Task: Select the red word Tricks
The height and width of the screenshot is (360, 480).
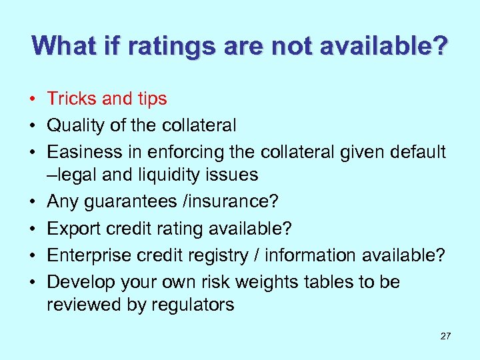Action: (x=73, y=99)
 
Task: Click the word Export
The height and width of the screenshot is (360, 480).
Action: (x=71, y=229)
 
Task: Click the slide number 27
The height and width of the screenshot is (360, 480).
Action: (x=445, y=336)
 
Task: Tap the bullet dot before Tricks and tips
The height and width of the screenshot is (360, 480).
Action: (x=31, y=99)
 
